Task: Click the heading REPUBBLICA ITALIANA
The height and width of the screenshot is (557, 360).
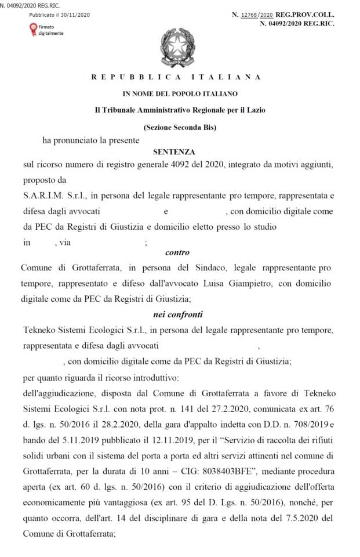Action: [x=176, y=77]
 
